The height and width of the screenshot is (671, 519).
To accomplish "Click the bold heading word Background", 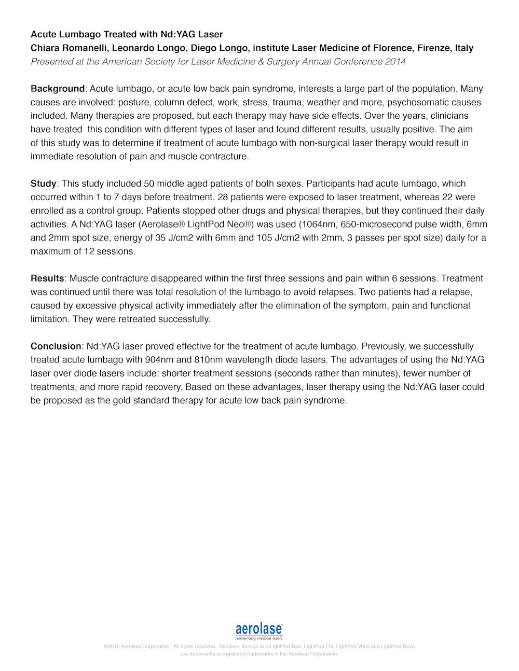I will click(x=57, y=89).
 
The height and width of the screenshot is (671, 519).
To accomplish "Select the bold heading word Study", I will click(x=43, y=184).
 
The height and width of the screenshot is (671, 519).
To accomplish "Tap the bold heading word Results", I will click(x=47, y=278).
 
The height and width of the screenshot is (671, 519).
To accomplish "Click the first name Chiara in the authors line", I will click(x=45, y=48).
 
